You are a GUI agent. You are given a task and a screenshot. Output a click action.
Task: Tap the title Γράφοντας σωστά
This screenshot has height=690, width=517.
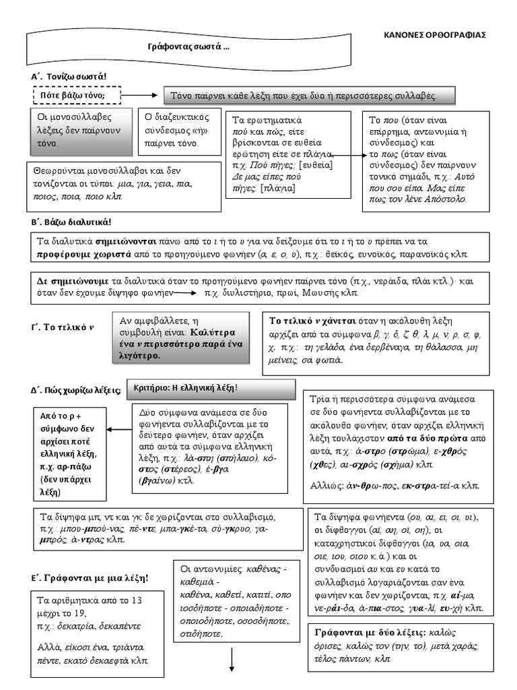(x=188, y=48)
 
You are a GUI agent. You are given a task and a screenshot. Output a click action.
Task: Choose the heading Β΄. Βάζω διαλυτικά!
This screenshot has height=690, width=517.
(x=71, y=222)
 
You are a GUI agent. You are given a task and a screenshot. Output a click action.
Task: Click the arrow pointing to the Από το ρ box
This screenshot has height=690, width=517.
(x=119, y=429)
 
